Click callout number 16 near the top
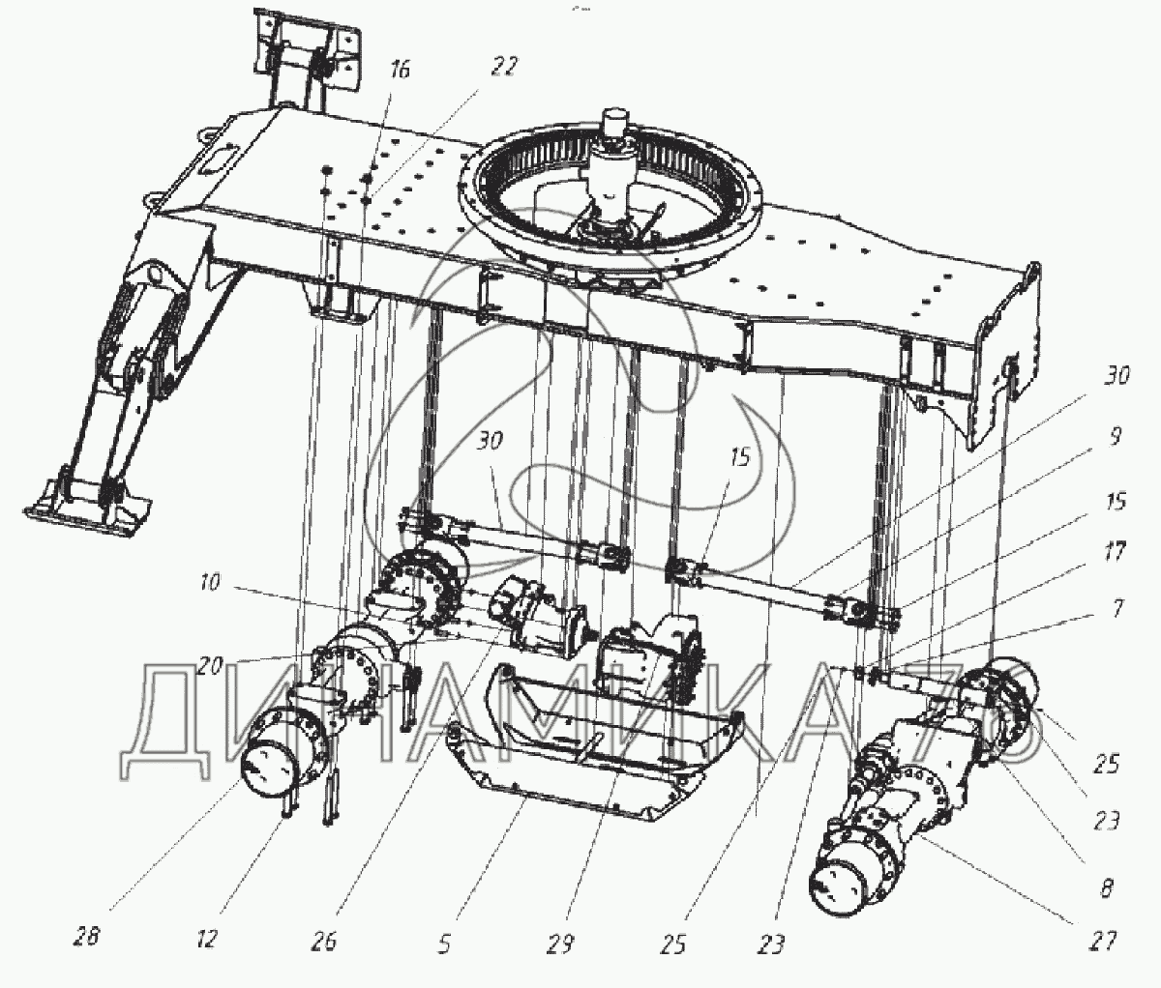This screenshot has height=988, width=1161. click(x=400, y=71)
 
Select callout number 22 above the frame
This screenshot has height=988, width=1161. click(x=503, y=67)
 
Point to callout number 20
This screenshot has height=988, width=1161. click(x=210, y=667)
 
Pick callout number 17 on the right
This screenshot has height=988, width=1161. click(x=1116, y=552)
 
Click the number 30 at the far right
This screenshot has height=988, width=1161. click(x=1116, y=374)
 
